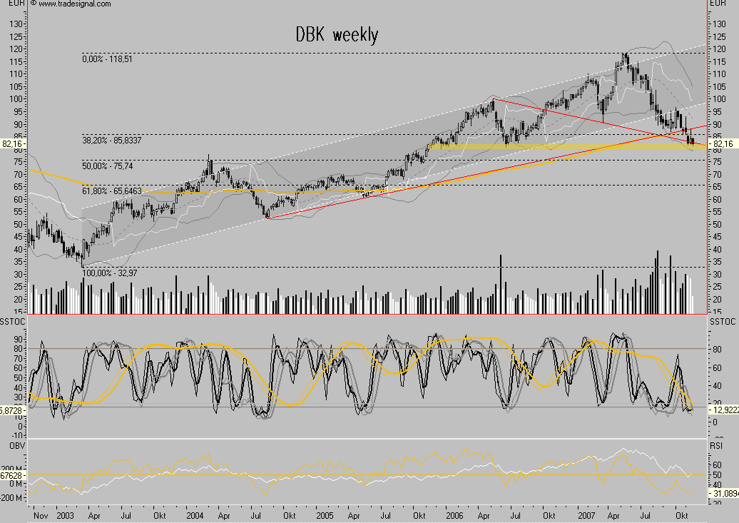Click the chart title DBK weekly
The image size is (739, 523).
337,34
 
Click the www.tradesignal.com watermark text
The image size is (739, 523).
74,4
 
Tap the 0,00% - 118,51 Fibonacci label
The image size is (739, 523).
109,59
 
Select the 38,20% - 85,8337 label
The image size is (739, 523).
113,141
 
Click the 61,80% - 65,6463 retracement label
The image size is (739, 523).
113,191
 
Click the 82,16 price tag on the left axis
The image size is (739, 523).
12,144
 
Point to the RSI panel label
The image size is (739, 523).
717,446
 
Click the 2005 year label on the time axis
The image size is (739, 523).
325,514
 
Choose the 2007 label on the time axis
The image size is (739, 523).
586,514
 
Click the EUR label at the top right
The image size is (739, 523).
718,4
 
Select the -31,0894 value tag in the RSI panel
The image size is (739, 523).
723,494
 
